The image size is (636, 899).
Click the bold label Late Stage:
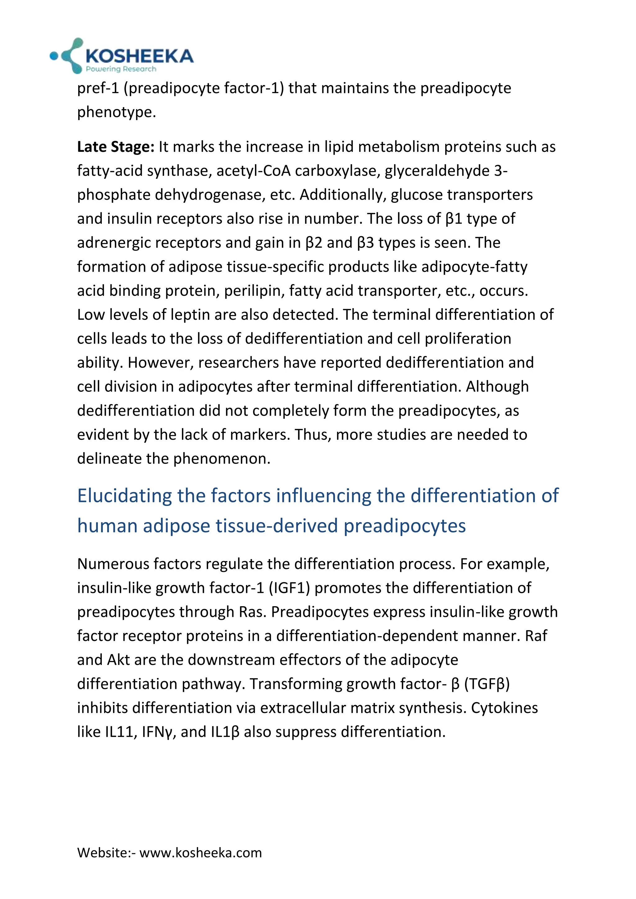[116, 147]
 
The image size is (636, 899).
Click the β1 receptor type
[454, 219]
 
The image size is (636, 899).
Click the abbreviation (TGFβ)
[487, 684]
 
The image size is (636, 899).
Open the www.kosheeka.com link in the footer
[201, 852]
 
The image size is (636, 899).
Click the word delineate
[109, 459]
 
